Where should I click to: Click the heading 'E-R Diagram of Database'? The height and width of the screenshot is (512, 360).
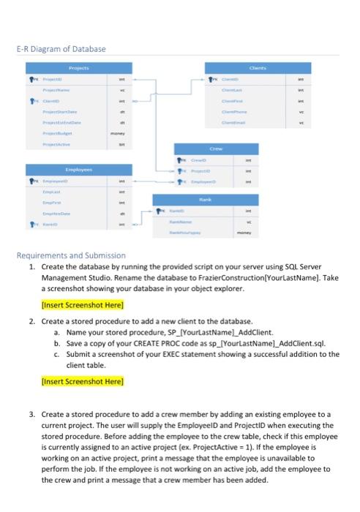point(62,49)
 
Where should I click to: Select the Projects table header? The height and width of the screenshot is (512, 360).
point(82,67)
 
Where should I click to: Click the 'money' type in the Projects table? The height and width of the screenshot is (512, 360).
point(112,135)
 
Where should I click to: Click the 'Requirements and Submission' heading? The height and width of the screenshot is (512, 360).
point(72,256)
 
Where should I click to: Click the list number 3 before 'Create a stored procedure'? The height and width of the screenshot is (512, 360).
point(31,414)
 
